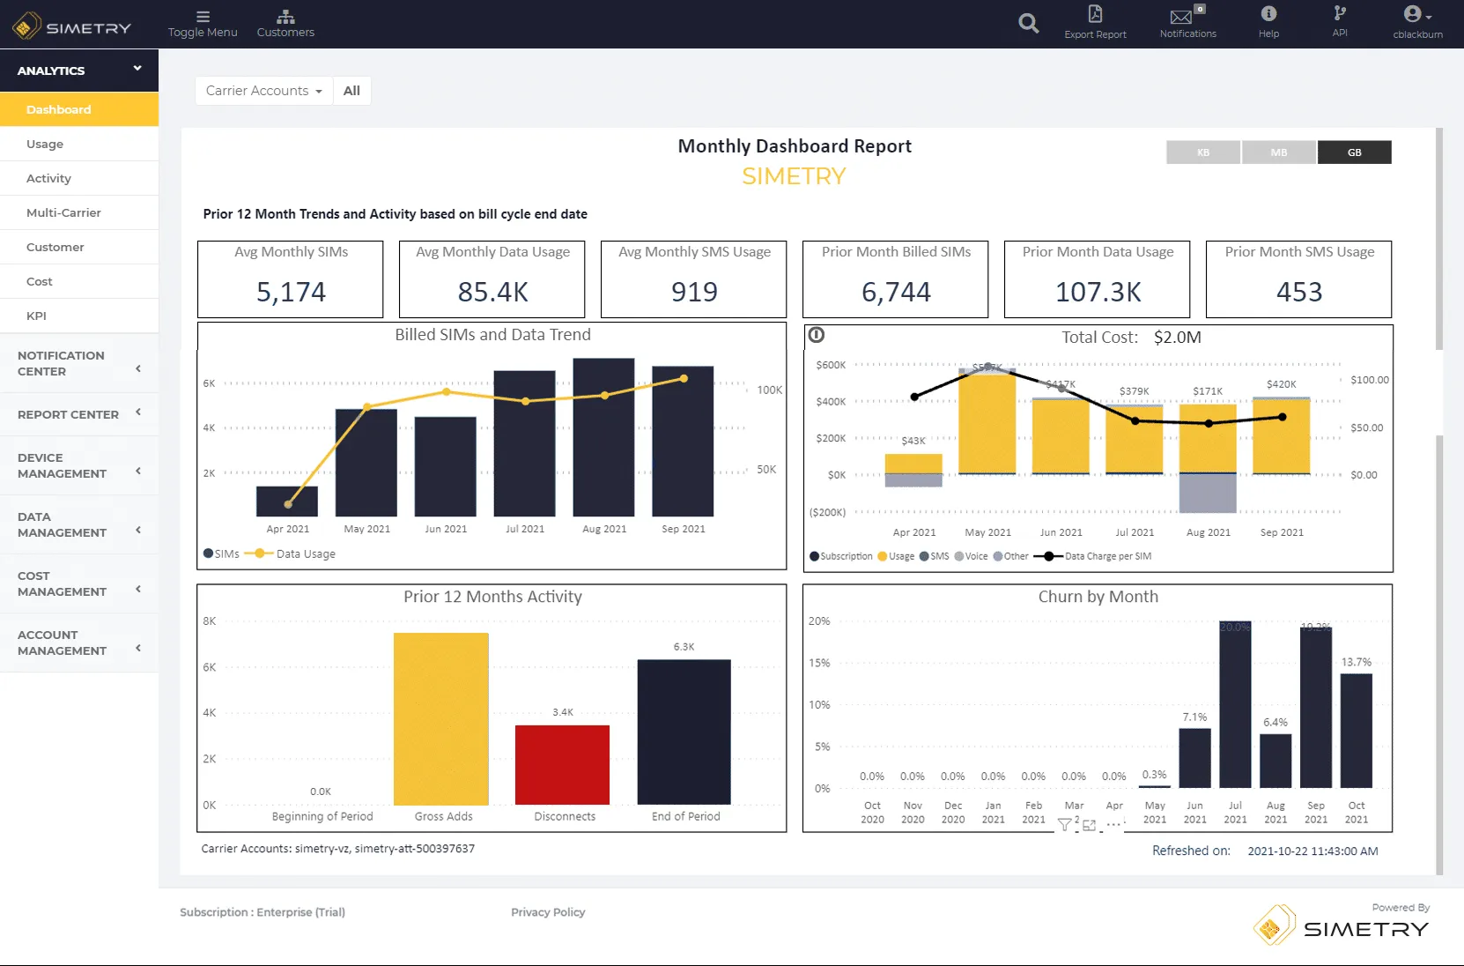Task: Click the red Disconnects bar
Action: pyautogui.click(x=562, y=764)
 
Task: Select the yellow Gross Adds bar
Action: pyautogui.click(x=440, y=718)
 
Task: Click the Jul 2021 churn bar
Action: pyautogui.click(x=1235, y=704)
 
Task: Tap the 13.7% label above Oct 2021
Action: pyautogui.click(x=1356, y=662)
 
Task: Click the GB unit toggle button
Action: pyautogui.click(x=1354, y=152)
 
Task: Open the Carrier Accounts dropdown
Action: pyautogui.click(x=263, y=91)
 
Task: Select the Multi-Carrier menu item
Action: pyautogui.click(x=63, y=212)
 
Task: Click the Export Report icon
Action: pyautogui.click(x=1095, y=15)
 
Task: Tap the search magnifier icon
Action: pyautogui.click(x=1028, y=24)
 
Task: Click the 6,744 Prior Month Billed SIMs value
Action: pyautogui.click(x=896, y=292)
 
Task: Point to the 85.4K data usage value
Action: pyautogui.click(x=492, y=292)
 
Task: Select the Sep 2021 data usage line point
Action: pyautogui.click(x=684, y=379)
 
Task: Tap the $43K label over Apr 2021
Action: pyautogui.click(x=913, y=441)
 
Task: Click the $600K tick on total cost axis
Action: pyautogui.click(x=830, y=365)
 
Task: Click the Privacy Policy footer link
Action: pyautogui.click(x=548, y=912)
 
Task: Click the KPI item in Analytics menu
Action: pyautogui.click(x=36, y=316)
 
